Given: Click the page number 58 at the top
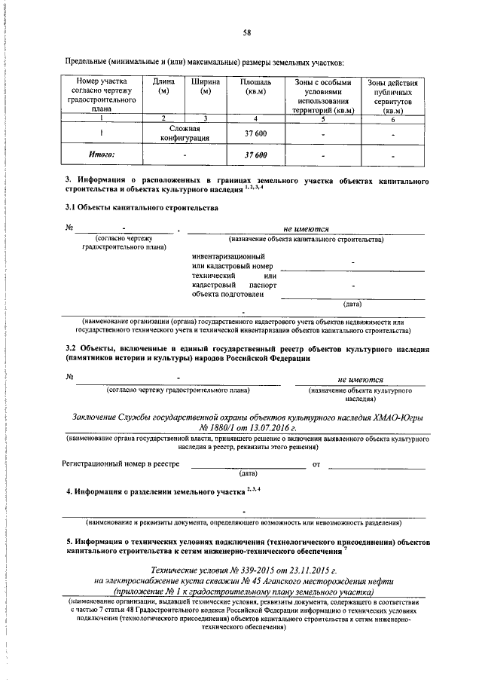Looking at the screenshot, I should click(x=246, y=32).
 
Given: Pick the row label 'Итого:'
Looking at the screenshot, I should click(x=102, y=154).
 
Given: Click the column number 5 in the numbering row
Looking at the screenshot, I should click(x=322, y=119).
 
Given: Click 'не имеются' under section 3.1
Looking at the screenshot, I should click(x=305, y=228).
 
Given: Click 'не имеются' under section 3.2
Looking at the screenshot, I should click(x=361, y=380).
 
